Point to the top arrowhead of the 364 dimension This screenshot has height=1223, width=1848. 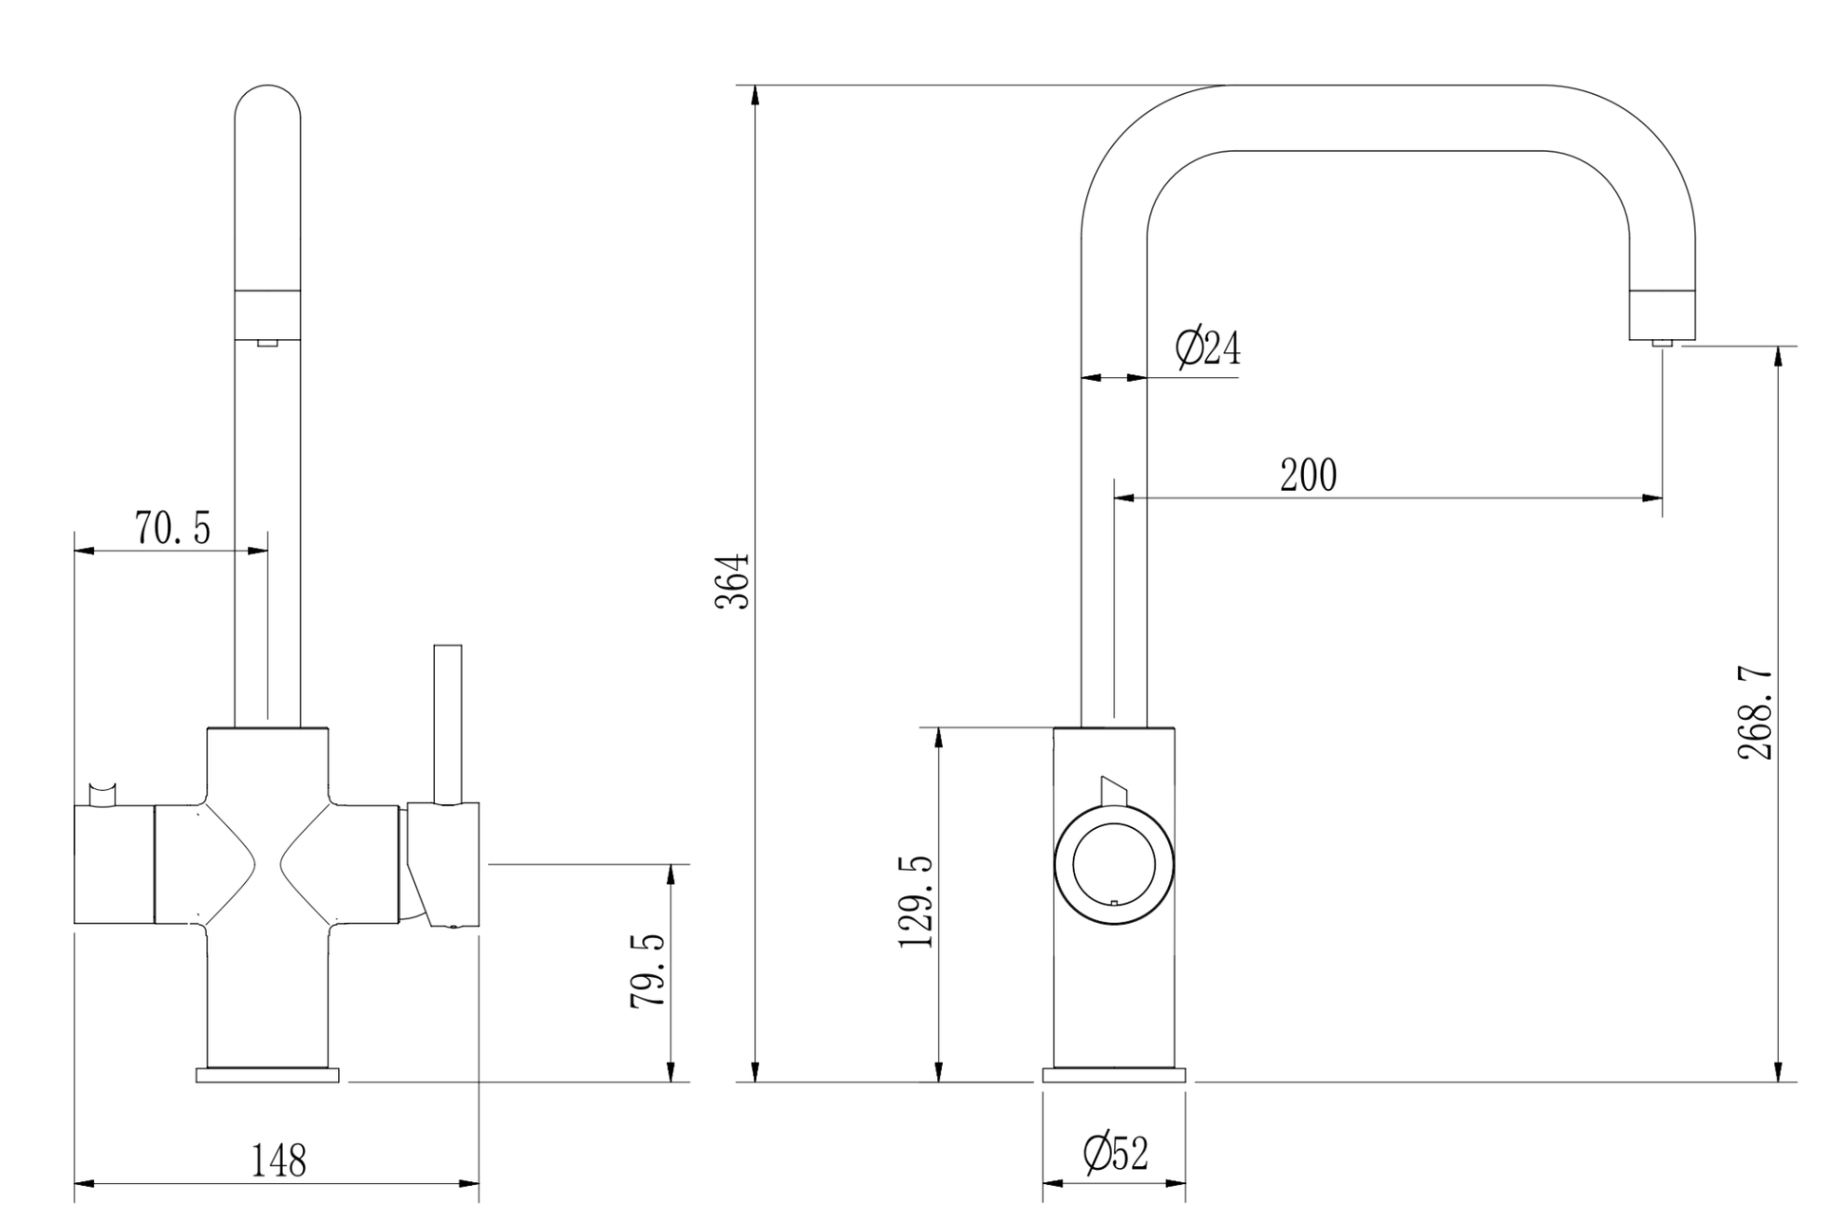pos(755,86)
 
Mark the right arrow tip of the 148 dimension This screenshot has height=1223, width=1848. pos(479,1183)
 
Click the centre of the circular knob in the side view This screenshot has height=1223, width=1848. pos(1114,865)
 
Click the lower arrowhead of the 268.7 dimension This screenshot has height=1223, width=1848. pos(1777,1081)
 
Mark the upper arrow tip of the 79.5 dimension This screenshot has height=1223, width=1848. pos(671,865)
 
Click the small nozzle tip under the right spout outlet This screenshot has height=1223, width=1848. pos(1662,343)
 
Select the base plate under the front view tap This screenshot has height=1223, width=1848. pos(267,1075)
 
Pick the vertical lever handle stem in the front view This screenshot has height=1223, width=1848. pos(447,724)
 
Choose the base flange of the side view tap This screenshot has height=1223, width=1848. pos(1114,1075)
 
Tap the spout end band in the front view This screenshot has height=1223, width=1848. pos(268,313)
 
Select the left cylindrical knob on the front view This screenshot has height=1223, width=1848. pos(114,864)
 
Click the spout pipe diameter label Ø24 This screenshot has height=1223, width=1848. pos(1207,348)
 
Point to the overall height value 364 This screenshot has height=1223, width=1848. pos(732,581)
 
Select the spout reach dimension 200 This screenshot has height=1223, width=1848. pos(1308,475)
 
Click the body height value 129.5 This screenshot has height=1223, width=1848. pos(916,902)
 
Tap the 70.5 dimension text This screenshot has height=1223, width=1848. pos(173,528)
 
